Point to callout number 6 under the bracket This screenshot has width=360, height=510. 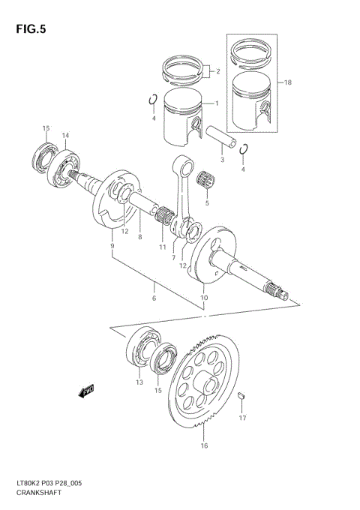tap(154, 298)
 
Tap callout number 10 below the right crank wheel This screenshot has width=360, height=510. tap(203, 298)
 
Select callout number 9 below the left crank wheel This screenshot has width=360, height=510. tap(112, 245)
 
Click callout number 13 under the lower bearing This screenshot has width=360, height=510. tap(139, 382)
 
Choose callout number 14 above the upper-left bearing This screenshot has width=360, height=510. tap(65, 135)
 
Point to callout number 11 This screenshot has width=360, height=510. tap(161, 247)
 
